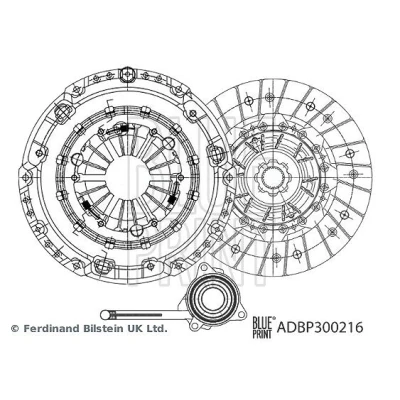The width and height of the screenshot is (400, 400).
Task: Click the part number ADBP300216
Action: coord(320,327)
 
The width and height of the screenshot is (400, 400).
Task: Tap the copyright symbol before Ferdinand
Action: coord(15,328)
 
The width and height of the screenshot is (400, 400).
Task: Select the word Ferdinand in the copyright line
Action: coord(47,328)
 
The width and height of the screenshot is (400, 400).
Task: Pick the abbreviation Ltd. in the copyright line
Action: coord(156,328)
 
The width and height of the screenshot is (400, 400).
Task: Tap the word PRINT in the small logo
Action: coord(263,333)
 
